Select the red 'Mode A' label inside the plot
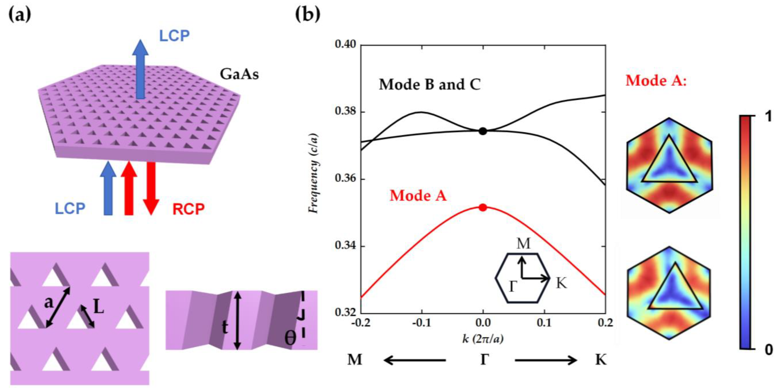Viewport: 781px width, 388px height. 418,195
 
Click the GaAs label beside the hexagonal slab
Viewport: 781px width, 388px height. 239,74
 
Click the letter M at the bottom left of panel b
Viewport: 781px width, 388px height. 355,360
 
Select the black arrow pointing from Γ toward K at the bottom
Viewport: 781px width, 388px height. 546,360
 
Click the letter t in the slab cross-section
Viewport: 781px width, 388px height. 225,327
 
